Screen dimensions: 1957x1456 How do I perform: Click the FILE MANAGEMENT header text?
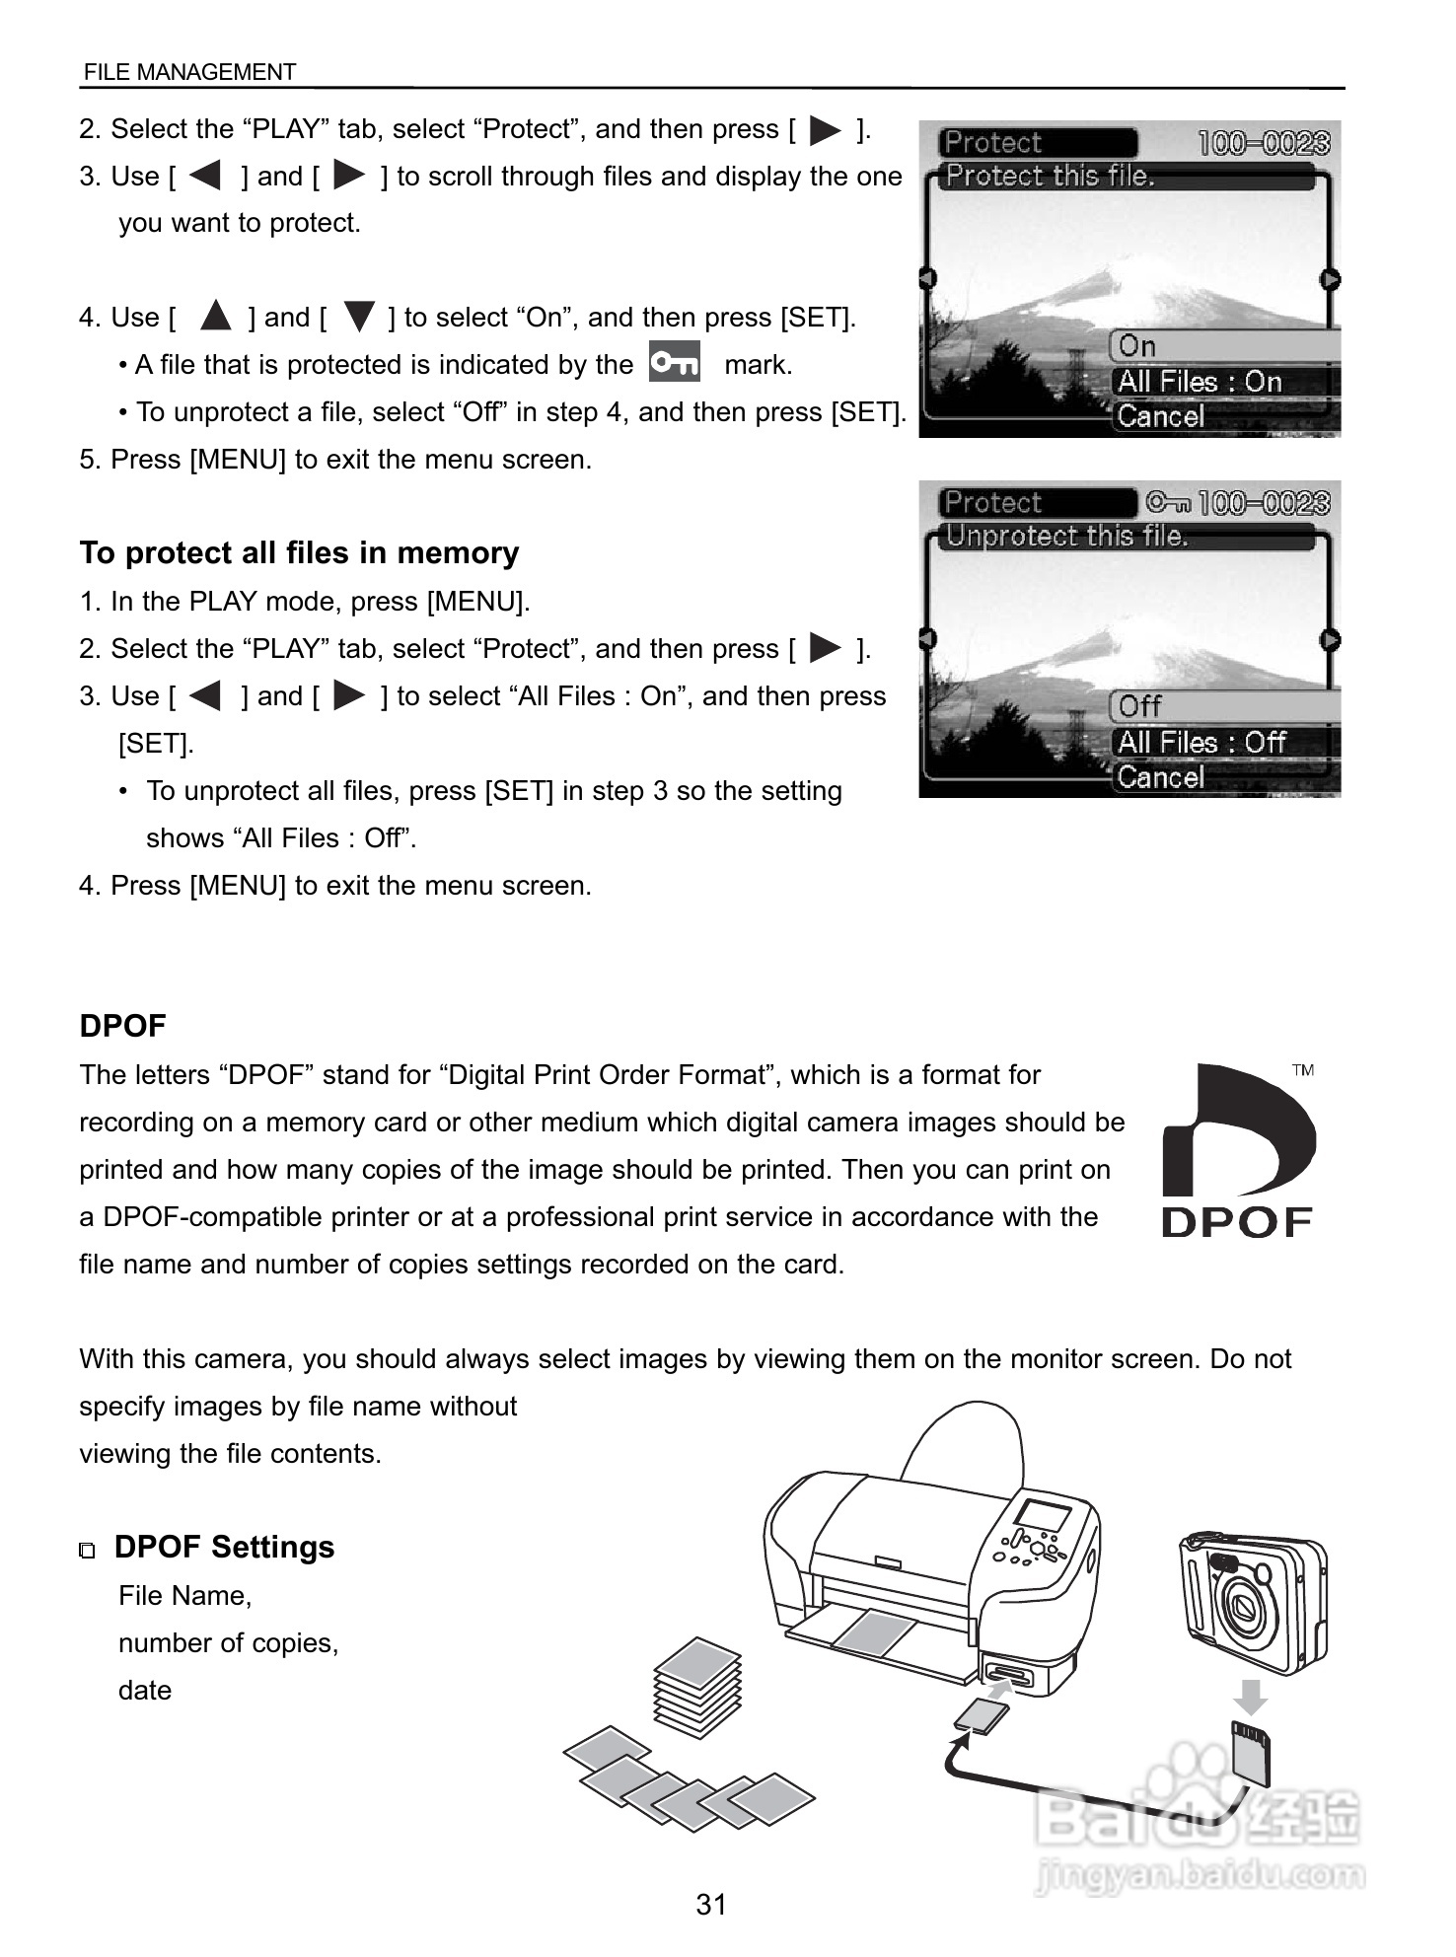189,72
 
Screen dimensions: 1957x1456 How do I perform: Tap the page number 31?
711,1904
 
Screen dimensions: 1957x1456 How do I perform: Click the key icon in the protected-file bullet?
675,362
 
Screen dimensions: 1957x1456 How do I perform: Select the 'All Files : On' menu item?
1200,382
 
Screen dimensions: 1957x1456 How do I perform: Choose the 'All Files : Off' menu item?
1201,742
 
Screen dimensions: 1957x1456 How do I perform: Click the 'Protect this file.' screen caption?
1050,177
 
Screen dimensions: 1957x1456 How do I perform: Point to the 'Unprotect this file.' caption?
1067,537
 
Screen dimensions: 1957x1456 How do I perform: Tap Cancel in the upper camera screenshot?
1161,416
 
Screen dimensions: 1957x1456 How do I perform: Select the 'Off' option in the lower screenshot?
1140,706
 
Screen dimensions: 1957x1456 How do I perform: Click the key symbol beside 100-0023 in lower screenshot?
1168,504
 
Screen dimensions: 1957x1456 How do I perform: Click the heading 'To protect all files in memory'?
299,552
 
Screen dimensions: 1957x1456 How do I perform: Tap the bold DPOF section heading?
122,1026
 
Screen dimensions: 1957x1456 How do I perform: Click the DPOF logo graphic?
1238,1150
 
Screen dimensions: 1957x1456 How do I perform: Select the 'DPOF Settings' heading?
224,1547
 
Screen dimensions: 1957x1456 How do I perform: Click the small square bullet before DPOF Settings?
88,1551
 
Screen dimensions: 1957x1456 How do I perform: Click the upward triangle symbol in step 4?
214,317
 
